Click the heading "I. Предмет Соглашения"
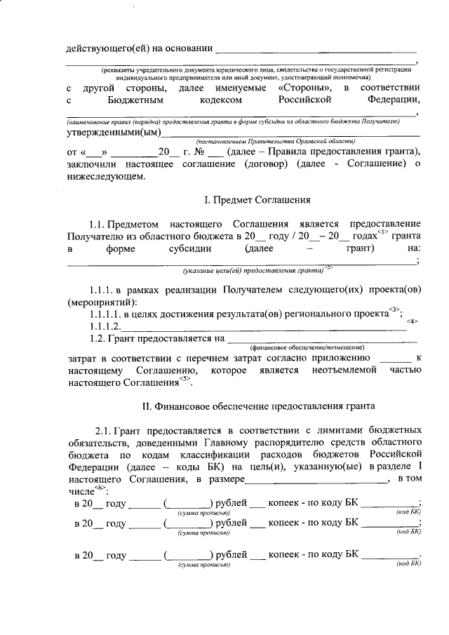click(x=257, y=201)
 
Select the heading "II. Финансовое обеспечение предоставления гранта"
click(x=258, y=406)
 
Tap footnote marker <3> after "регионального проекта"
click(x=395, y=309)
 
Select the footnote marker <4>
click(x=413, y=321)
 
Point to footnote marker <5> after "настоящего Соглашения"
click(x=185, y=379)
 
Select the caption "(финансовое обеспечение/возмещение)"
click(x=307, y=348)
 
